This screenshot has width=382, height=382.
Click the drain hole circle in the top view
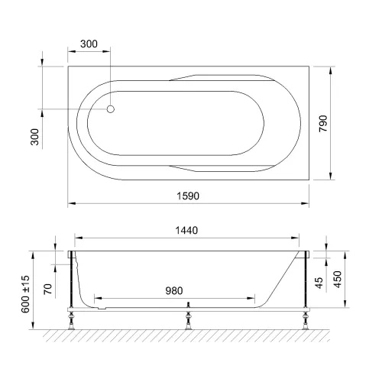click(111, 109)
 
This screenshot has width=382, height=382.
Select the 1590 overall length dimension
click(188, 196)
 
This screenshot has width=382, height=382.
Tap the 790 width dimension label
click(323, 123)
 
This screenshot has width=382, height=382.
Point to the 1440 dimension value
click(186, 231)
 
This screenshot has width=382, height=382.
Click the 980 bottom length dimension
click(174, 291)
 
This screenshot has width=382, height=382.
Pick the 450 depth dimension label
click(337, 280)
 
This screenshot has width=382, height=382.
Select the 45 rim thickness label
click(319, 283)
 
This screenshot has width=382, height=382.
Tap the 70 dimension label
click(48, 289)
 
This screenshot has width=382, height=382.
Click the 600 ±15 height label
click(25, 294)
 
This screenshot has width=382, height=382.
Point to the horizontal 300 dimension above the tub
click(89, 44)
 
